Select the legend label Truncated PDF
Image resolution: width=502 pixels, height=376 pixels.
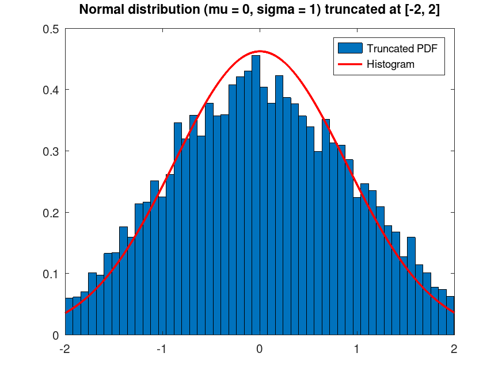pos(402,48)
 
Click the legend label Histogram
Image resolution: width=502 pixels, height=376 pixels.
pos(390,64)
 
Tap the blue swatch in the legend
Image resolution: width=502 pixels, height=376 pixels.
pos(350,48)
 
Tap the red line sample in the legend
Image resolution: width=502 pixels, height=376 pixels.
pos(350,64)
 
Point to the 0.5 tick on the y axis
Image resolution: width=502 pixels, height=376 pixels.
pos(51,29)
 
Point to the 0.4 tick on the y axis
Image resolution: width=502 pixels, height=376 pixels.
pos(51,90)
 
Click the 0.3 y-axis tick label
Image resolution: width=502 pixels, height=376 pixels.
pos(51,151)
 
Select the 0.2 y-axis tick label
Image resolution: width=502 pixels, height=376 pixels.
pos(51,212)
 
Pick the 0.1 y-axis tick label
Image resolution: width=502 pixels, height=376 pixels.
pos(51,274)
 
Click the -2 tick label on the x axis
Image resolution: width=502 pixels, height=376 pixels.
pos(65,348)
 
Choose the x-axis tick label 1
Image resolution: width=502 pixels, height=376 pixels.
pos(357,348)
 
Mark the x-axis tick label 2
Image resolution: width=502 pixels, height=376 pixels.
pos(454,348)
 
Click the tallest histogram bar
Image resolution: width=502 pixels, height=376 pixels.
pos(256,195)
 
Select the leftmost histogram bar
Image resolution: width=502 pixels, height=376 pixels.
pos(69,316)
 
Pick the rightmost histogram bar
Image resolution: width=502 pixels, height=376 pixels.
pos(450,316)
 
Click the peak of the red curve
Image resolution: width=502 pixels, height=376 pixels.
pos(260,51)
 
